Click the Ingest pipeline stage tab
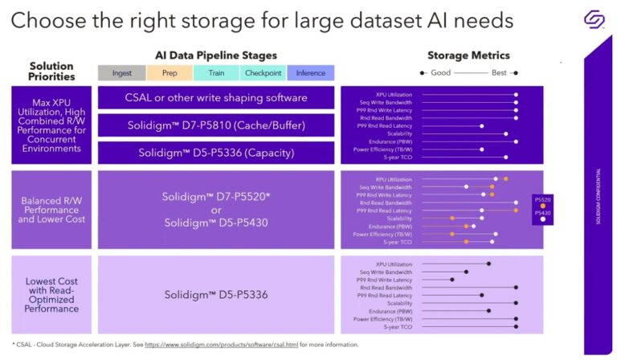(x=122, y=72)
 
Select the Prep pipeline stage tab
(x=170, y=72)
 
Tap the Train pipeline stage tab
(x=216, y=72)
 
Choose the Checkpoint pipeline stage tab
(x=263, y=72)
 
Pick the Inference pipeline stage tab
(x=310, y=72)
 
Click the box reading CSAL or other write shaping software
(x=216, y=98)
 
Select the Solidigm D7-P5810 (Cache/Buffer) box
(x=216, y=125)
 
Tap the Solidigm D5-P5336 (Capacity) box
(x=216, y=153)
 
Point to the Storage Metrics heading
(x=468, y=55)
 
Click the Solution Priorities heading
(x=51, y=72)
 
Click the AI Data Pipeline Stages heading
(x=216, y=55)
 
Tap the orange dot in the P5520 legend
(x=543, y=206)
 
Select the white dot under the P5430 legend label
(x=543, y=219)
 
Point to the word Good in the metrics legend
(x=440, y=72)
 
